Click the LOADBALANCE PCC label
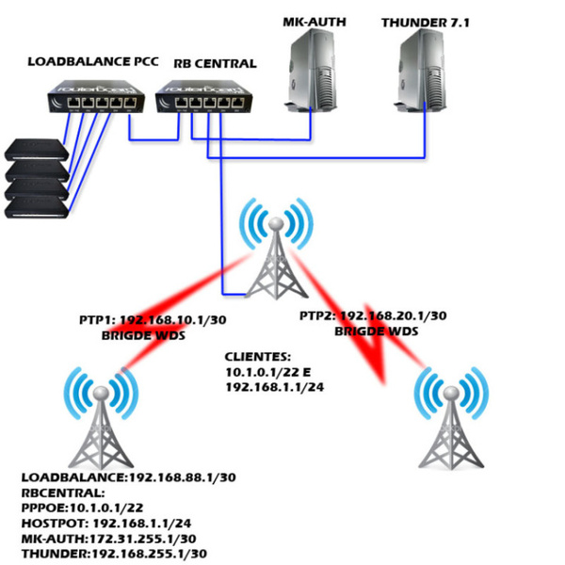pos(92,63)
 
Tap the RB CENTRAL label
pos(215,64)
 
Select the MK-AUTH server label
pos(310,20)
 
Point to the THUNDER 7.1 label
pos(420,20)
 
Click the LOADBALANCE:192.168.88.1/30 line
pos(128,477)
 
